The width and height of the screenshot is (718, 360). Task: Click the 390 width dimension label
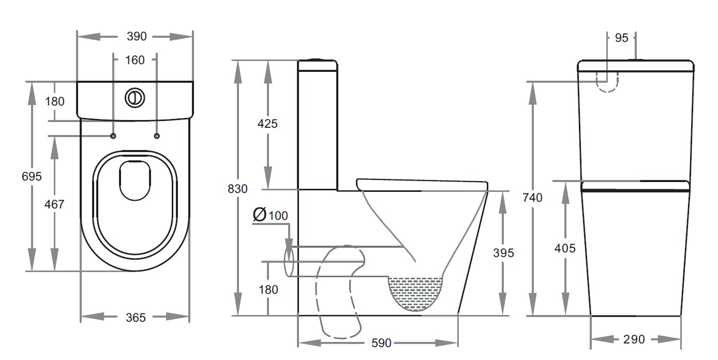click(x=137, y=37)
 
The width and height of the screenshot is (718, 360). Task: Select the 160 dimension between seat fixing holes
click(x=135, y=60)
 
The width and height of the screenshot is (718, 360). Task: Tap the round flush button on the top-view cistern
click(x=134, y=98)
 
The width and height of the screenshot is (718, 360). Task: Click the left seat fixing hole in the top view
click(x=113, y=136)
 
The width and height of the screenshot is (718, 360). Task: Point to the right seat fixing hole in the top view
click(x=157, y=136)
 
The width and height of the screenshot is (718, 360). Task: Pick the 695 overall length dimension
click(x=32, y=176)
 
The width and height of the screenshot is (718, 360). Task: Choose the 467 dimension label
click(x=54, y=204)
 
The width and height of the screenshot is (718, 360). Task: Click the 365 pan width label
click(x=136, y=317)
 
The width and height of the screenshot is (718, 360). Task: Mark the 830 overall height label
click(x=238, y=189)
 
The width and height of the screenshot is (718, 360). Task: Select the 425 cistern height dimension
click(x=268, y=124)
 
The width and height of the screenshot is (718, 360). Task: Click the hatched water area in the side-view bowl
click(x=415, y=293)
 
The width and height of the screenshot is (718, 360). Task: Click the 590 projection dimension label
click(x=382, y=343)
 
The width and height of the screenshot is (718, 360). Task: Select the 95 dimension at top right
click(x=621, y=38)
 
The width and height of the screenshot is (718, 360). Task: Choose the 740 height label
click(x=533, y=198)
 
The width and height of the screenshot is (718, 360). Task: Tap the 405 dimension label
click(x=565, y=248)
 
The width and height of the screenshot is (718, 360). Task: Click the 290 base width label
click(x=634, y=339)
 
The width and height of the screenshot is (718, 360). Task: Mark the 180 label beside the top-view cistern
click(x=54, y=101)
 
